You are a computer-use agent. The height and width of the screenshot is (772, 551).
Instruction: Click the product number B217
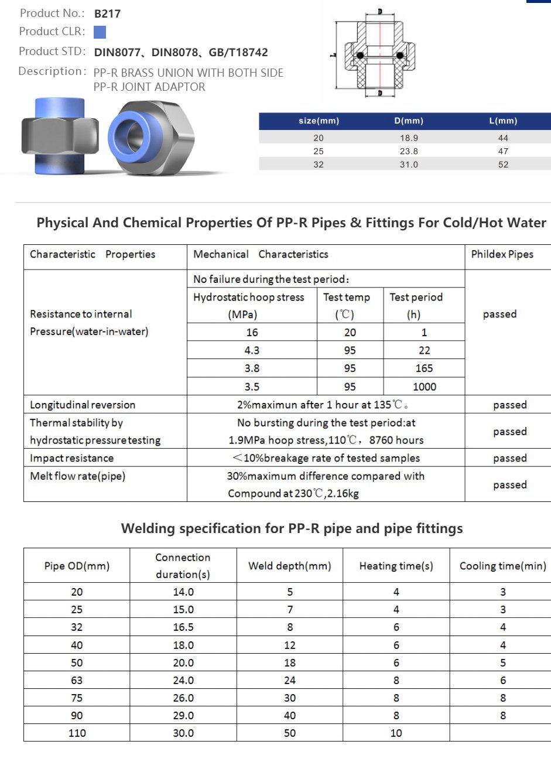click(107, 13)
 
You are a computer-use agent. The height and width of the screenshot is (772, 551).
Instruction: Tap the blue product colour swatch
click(100, 32)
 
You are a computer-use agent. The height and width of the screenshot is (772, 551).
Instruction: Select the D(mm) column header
click(409, 121)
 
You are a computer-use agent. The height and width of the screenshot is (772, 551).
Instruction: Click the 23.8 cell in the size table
click(409, 151)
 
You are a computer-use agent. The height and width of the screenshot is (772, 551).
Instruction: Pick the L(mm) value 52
click(504, 165)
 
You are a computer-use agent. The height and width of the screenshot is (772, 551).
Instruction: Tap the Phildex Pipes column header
click(502, 254)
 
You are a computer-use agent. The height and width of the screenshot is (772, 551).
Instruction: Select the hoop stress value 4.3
click(252, 350)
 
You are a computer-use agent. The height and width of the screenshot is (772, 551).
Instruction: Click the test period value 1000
click(425, 387)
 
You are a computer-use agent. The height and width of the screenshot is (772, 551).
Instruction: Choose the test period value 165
click(424, 368)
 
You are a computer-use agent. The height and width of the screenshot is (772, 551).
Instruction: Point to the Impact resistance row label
click(71, 458)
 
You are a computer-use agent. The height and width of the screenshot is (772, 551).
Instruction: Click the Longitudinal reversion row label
click(83, 405)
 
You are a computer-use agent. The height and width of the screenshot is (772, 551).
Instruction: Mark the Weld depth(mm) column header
click(289, 566)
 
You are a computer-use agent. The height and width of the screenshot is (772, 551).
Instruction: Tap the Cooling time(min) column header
click(502, 566)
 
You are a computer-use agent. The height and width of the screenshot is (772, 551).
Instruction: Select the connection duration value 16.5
click(183, 627)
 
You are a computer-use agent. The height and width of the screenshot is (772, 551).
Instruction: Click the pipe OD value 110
click(77, 733)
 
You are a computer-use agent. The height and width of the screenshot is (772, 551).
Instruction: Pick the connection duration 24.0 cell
click(183, 680)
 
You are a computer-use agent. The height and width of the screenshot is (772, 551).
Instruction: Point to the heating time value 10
click(396, 733)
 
